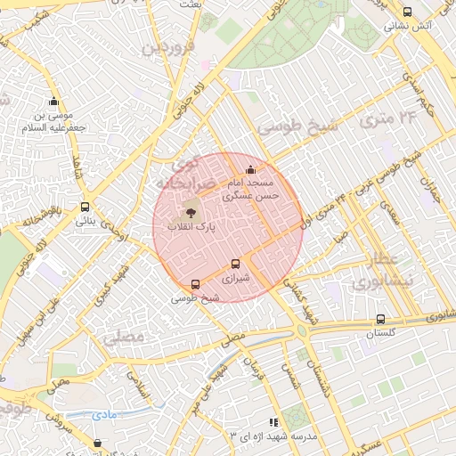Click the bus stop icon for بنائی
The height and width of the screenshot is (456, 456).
[85, 207]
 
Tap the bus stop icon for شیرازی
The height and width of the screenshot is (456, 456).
[235, 264]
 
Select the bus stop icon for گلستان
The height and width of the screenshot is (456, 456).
[380, 319]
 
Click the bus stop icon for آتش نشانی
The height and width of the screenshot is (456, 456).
[407, 12]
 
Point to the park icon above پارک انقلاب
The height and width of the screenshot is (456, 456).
[189, 213]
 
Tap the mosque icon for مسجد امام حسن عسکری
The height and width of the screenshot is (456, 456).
[250, 169]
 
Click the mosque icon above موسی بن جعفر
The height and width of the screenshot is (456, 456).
[53, 101]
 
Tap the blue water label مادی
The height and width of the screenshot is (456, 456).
[104, 414]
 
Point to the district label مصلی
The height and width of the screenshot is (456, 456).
[123, 338]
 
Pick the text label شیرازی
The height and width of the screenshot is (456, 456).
[238, 279]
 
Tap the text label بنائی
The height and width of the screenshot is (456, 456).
[85, 221]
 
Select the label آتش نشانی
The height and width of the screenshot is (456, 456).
[407, 27]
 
